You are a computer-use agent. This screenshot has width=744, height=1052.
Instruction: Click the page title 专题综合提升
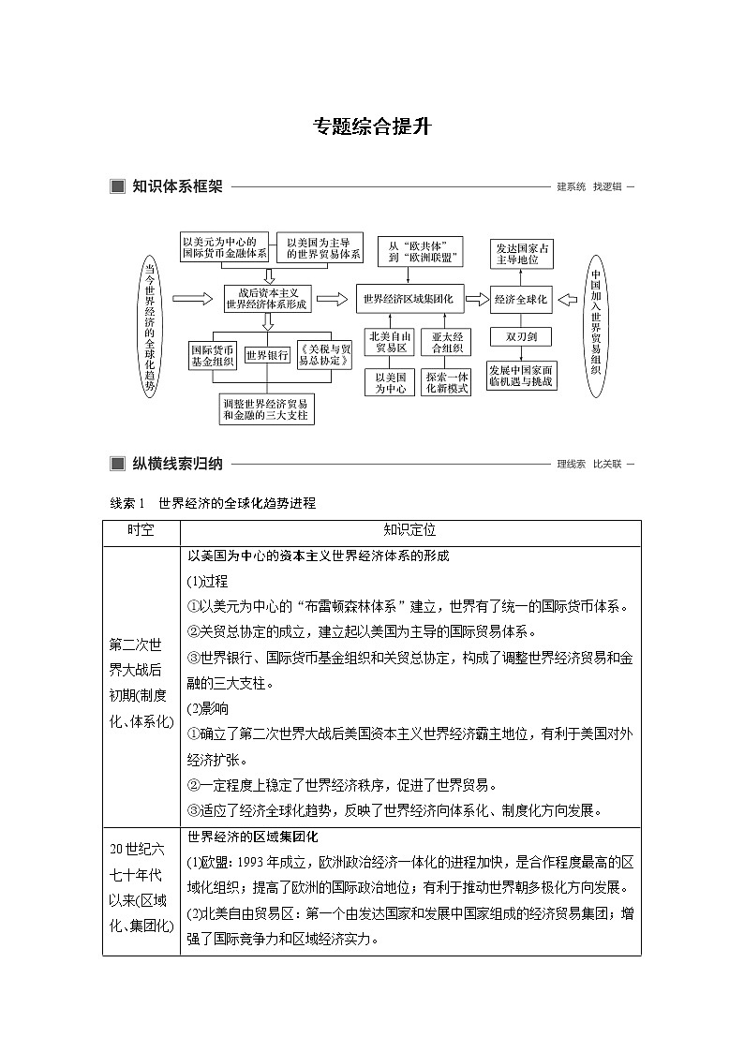[x=372, y=126]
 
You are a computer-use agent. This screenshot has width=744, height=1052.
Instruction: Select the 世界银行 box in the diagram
[x=267, y=355]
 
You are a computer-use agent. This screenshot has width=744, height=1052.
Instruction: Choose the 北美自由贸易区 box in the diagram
[x=387, y=343]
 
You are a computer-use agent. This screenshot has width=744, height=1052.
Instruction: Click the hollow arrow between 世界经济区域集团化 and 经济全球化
[x=479, y=300]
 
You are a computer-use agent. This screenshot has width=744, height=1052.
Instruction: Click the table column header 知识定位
[x=410, y=530]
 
